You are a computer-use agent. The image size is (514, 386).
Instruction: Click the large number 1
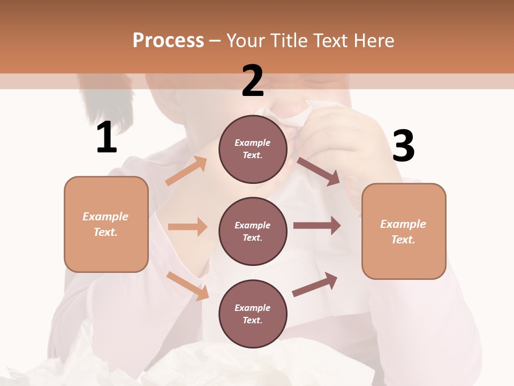pyautogui.click(x=107, y=138)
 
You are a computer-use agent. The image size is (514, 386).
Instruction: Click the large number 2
pyautogui.click(x=253, y=81)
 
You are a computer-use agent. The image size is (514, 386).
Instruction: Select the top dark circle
pyautogui.click(x=253, y=149)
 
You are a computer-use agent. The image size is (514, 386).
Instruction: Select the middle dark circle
pyautogui.click(x=253, y=231)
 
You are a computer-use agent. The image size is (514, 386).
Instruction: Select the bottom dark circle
pyautogui.click(x=253, y=314)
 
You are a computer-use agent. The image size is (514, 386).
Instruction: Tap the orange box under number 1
pyautogui.click(x=106, y=224)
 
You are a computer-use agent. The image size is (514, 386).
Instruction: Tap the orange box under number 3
pyautogui.click(x=404, y=232)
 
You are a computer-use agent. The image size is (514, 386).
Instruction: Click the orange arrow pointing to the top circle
pyautogui.click(x=186, y=171)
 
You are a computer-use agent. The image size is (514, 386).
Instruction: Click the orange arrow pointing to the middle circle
pyautogui.click(x=187, y=227)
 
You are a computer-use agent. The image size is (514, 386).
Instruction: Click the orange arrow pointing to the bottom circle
pyautogui.click(x=187, y=286)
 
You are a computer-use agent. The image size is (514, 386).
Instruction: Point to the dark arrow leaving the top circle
pyautogui.click(x=319, y=172)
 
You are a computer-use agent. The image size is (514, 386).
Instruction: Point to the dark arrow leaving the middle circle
pyautogui.click(x=317, y=226)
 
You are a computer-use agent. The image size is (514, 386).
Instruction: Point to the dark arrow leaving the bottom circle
pyautogui.click(x=315, y=284)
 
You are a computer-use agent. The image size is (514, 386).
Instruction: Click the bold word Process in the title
pyautogui.click(x=168, y=40)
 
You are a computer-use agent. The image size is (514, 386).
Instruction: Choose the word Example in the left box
pyautogui.click(x=105, y=217)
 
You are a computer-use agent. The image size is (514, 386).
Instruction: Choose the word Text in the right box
pyautogui.click(x=403, y=240)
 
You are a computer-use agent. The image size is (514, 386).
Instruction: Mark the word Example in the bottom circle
pyautogui.click(x=253, y=308)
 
